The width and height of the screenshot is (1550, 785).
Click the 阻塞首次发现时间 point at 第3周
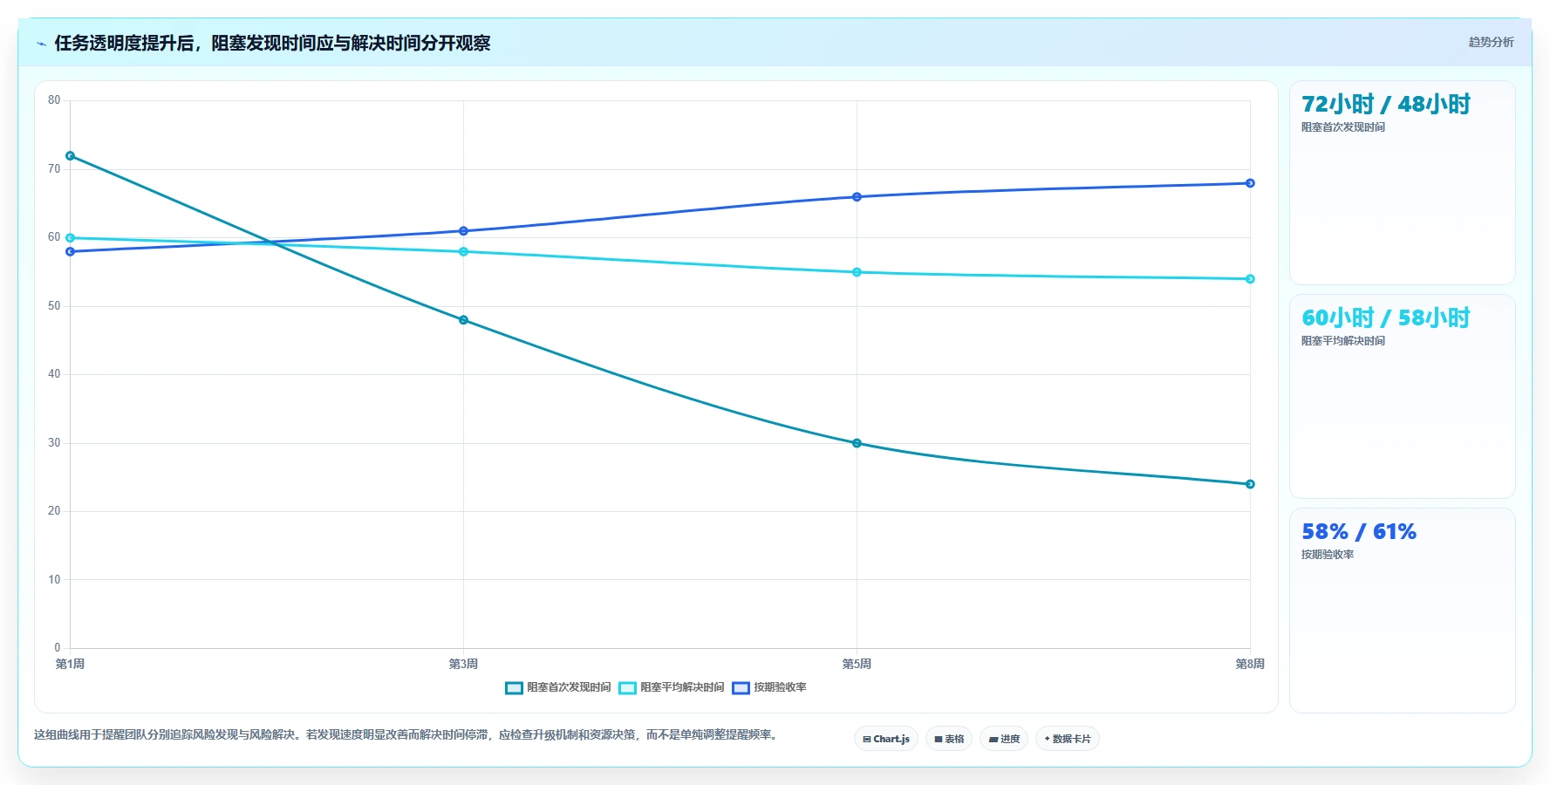[x=463, y=320]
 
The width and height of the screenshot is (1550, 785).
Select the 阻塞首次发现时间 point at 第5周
[x=857, y=443]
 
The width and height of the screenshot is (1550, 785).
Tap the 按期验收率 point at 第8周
[x=1250, y=183]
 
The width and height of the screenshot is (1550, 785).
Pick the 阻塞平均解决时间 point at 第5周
[x=857, y=272]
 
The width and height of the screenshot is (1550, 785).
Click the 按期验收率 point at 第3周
[x=463, y=231]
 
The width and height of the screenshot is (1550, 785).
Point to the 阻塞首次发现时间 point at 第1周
[x=70, y=156]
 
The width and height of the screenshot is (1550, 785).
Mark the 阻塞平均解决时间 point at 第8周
[x=1250, y=279]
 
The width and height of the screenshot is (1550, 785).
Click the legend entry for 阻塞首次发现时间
[x=558, y=687]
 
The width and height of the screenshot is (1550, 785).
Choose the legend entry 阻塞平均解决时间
[x=672, y=687]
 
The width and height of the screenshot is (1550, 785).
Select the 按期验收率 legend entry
[x=769, y=687]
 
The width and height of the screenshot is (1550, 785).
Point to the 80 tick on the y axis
[x=54, y=100]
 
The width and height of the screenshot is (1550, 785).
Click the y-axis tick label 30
[x=54, y=443]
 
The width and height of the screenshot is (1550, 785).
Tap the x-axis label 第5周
[x=857, y=664]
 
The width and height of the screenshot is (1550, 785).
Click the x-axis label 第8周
[x=1250, y=664]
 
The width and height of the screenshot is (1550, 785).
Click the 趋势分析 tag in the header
[x=1491, y=42]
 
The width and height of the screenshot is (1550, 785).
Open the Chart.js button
[x=886, y=739]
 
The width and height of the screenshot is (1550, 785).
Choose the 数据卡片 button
[x=1068, y=739]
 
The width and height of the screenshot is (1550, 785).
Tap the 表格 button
[x=949, y=739]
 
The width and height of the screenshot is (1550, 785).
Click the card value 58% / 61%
[x=1359, y=531]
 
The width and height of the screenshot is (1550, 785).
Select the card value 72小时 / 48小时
[x=1386, y=104]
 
